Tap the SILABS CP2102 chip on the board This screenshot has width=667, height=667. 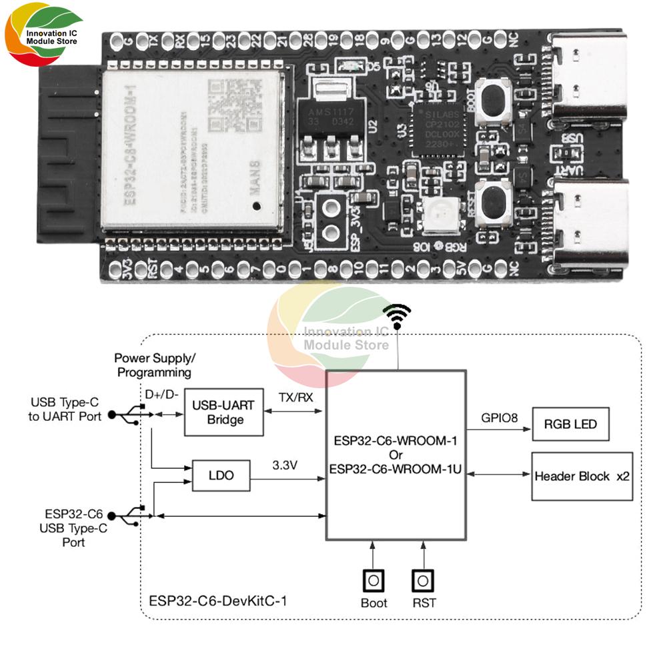pos(434,127)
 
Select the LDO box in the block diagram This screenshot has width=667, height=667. pos(221,476)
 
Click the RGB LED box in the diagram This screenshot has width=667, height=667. pos(570,424)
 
